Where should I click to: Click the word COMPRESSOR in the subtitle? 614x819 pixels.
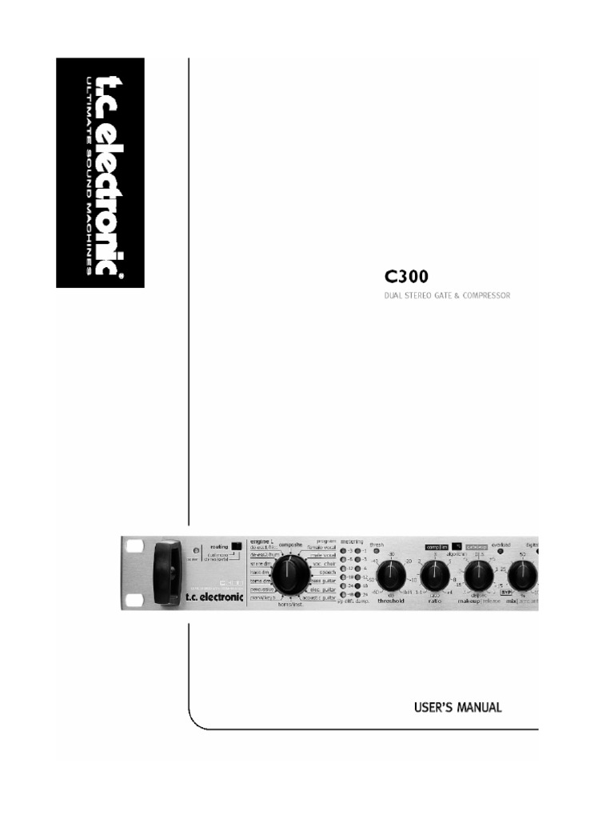click(x=481, y=296)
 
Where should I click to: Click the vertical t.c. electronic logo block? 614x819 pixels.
click(x=99, y=172)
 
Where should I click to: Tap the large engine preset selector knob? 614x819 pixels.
click(x=290, y=573)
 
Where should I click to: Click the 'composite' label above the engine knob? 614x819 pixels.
click(x=290, y=543)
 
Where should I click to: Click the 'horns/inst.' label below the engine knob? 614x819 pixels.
click(x=291, y=605)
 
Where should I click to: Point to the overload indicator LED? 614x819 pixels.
click(x=500, y=551)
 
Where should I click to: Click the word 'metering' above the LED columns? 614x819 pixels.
click(x=352, y=541)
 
